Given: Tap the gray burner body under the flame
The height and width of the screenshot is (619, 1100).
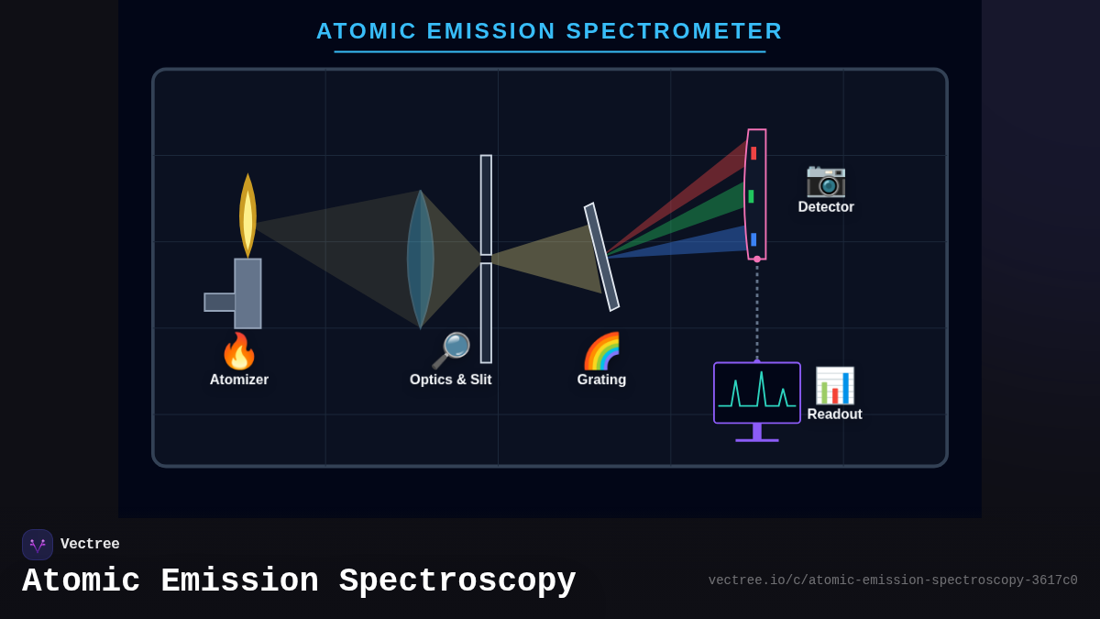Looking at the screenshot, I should tap(247, 293).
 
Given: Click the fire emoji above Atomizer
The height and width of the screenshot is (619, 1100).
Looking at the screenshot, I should tap(238, 351).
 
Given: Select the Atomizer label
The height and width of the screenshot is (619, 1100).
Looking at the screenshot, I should tap(238, 380).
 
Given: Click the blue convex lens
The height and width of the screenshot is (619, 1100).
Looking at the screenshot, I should tap(420, 259).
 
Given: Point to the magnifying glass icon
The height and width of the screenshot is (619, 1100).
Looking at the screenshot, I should tap(450, 350).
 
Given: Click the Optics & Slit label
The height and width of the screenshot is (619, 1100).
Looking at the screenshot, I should tap(450, 380).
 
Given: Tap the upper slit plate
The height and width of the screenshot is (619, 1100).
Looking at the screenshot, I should tap(486, 204).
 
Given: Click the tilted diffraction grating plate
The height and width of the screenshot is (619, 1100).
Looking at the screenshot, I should tap(601, 257).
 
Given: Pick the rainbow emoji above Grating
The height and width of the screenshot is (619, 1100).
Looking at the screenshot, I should tap(601, 351).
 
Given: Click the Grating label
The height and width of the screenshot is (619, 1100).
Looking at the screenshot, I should tap(601, 380).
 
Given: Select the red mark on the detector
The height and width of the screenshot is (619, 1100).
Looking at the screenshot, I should tap(753, 153).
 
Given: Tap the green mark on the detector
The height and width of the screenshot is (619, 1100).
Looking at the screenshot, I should tap(751, 196).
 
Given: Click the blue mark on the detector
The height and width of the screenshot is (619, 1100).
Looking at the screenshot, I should tap(753, 239).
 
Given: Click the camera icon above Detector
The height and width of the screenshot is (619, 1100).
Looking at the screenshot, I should tap(825, 179).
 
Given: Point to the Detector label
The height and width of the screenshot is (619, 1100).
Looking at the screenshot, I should tap(825, 207).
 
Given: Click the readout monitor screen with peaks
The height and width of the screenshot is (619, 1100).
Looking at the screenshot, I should tap(756, 392).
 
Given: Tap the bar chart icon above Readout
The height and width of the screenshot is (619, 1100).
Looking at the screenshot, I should tap(834, 385).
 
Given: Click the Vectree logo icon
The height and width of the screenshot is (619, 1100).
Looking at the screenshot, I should tap(38, 545).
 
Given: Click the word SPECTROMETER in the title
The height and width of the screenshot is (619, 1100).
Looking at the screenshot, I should tap(674, 31).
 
